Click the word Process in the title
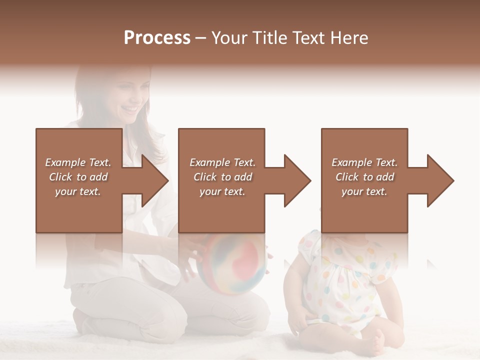click(157, 38)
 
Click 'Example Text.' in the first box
click(78, 162)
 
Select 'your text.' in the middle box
click(222, 191)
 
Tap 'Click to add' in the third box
click(364, 177)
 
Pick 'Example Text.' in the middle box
click(222, 162)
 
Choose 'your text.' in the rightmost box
click(364, 191)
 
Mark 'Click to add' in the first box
click(78, 177)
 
